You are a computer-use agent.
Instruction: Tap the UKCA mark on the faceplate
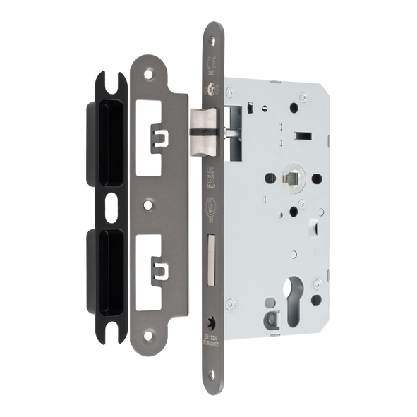[x=211, y=174]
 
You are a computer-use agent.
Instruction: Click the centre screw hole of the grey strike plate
[x=147, y=205]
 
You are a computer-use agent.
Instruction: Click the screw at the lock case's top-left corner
[x=229, y=90]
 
